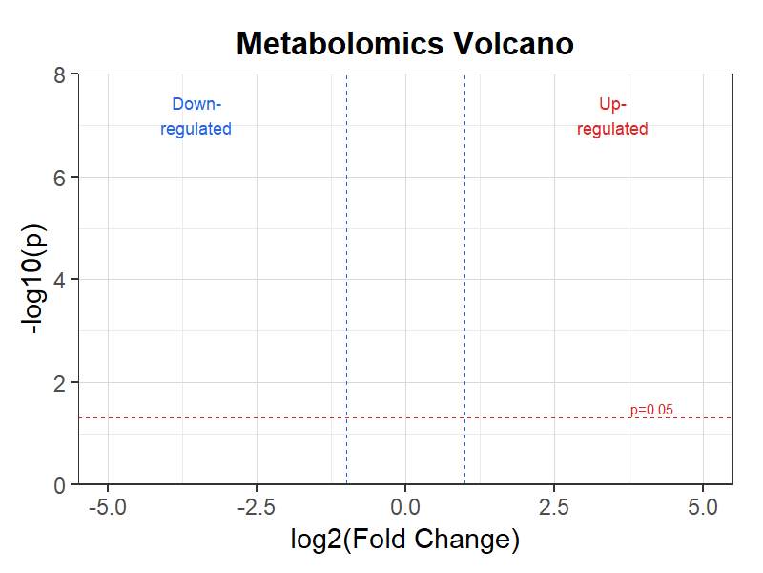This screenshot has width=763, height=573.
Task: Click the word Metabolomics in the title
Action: [340, 44]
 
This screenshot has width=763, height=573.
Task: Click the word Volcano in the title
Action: [513, 44]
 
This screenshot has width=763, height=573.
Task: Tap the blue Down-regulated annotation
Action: [196, 117]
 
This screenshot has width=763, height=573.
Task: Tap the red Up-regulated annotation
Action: [612, 117]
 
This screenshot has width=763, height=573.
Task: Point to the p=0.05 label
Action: [651, 410]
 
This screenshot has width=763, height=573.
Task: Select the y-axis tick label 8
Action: [59, 75]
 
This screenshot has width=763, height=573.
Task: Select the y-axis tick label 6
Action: [59, 179]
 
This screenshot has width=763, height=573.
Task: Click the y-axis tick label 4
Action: [59, 281]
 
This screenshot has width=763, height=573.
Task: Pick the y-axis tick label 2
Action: [59, 384]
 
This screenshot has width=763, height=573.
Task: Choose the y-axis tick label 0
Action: [59, 486]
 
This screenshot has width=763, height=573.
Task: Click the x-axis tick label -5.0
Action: [108, 507]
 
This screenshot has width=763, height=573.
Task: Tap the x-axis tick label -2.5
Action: [257, 507]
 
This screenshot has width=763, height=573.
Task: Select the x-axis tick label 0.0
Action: [405, 507]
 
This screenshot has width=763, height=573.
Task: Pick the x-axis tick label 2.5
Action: [554, 507]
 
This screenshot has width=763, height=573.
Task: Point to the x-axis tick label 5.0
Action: [703, 507]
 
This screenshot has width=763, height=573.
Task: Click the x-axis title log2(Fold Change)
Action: [405, 540]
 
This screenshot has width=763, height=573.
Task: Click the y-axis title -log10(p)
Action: [33, 279]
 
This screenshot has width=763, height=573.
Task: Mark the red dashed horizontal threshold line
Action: [405, 417]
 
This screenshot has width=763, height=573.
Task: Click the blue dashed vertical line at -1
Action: [346, 279]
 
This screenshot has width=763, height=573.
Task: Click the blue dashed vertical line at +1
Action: [464, 279]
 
